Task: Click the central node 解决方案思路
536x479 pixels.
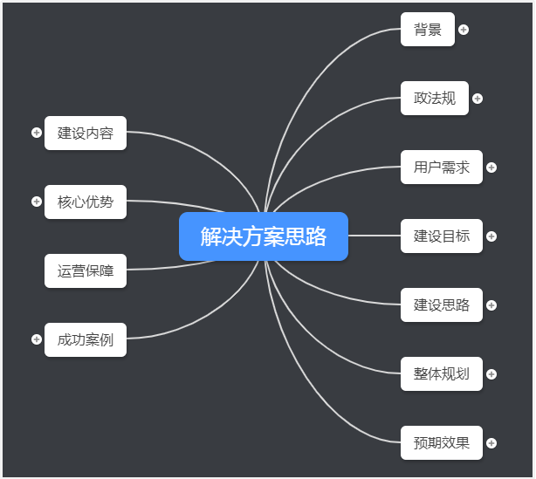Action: (263, 236)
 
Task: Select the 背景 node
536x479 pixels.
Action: (428, 30)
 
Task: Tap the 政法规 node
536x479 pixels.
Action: (435, 99)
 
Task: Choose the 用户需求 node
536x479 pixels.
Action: (442, 168)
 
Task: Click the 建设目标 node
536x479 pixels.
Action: (442, 236)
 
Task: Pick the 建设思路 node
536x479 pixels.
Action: (442, 305)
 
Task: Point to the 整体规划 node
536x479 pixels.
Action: (442, 374)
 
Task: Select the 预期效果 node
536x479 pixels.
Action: (442, 443)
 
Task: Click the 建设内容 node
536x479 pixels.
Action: (86, 133)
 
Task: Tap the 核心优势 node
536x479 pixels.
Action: (86, 202)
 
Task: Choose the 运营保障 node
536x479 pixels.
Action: (86, 271)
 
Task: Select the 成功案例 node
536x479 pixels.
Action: (86, 340)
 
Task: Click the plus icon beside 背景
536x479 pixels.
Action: (464, 30)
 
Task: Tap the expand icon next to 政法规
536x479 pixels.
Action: (478, 99)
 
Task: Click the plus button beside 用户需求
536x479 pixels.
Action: (491, 168)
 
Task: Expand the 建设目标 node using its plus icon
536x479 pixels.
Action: (491, 236)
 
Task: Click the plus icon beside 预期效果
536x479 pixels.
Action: (491, 443)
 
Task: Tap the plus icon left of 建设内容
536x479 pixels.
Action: (37, 133)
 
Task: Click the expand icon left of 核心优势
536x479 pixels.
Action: (37, 202)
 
